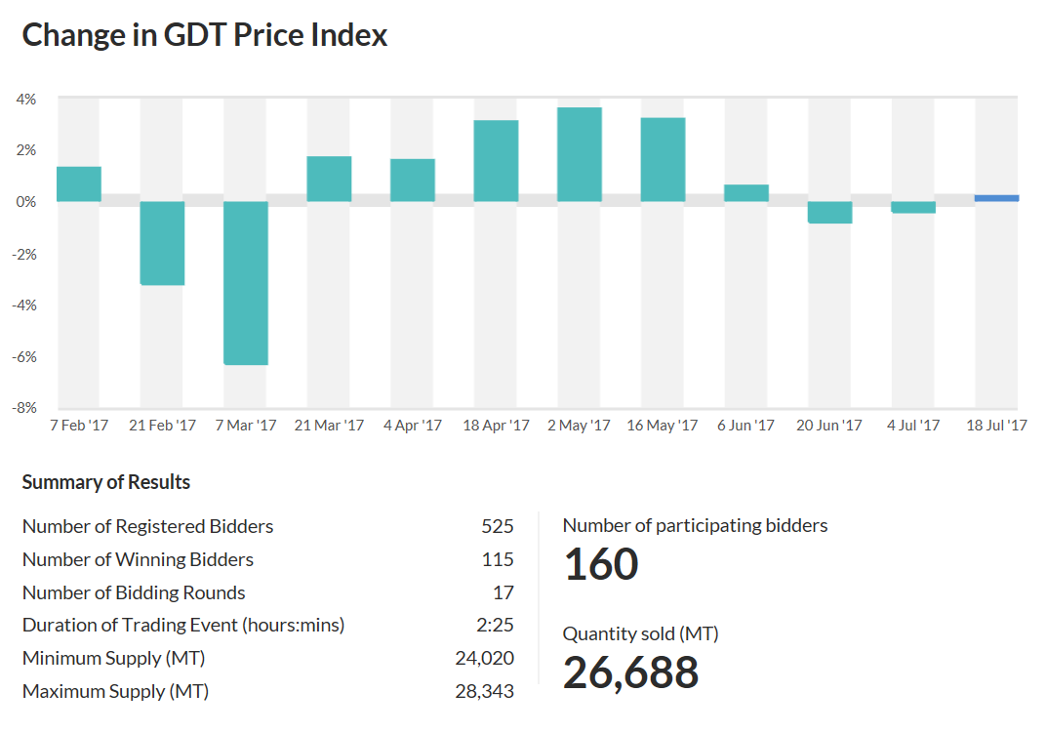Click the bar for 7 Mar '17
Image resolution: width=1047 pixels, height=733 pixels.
click(246, 283)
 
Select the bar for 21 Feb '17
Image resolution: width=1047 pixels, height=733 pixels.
click(162, 243)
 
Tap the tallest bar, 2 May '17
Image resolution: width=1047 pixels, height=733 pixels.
click(580, 154)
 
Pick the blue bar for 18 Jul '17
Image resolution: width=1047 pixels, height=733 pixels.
click(996, 198)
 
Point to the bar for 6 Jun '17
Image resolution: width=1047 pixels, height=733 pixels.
click(746, 193)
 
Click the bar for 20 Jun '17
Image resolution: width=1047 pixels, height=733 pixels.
click(829, 212)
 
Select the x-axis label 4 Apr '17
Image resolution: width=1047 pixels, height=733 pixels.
click(413, 426)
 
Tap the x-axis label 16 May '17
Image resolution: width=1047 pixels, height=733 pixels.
click(663, 426)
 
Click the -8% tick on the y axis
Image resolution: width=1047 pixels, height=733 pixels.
click(26, 408)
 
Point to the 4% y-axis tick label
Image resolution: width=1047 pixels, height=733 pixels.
click(26, 99)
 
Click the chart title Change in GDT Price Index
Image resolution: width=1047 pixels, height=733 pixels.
click(205, 36)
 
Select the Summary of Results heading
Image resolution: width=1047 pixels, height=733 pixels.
click(106, 482)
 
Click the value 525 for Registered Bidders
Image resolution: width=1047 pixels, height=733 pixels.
click(497, 527)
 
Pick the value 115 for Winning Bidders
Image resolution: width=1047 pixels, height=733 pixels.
click(497, 560)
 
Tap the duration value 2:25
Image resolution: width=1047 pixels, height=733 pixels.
click(497, 626)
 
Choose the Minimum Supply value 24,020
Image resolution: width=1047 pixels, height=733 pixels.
click(484, 659)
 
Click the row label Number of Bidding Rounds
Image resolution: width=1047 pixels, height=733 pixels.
click(134, 593)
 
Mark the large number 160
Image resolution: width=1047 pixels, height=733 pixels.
click(601, 565)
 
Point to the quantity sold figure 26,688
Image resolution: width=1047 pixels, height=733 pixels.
click(630, 672)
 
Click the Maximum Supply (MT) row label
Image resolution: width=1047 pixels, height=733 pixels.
click(115, 692)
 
